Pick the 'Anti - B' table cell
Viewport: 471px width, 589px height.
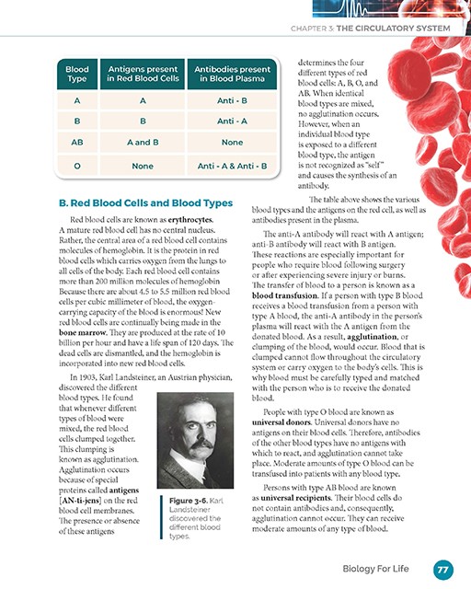pyautogui.click(x=231, y=99)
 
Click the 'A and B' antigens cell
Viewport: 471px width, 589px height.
pyautogui.click(x=143, y=143)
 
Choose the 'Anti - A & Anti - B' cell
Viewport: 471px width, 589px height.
pyautogui.click(x=231, y=166)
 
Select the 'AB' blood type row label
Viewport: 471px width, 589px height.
pyautogui.click(x=77, y=143)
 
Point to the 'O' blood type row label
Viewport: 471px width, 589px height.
pyautogui.click(x=77, y=166)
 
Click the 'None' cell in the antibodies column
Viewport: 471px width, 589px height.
pyautogui.click(x=231, y=143)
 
